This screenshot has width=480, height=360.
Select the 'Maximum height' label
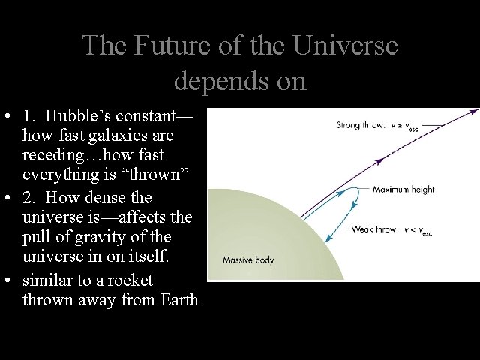(403, 190)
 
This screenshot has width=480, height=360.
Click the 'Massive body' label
(248, 260)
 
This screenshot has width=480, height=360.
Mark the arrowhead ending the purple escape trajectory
(474, 112)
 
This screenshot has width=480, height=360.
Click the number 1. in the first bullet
(29, 117)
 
